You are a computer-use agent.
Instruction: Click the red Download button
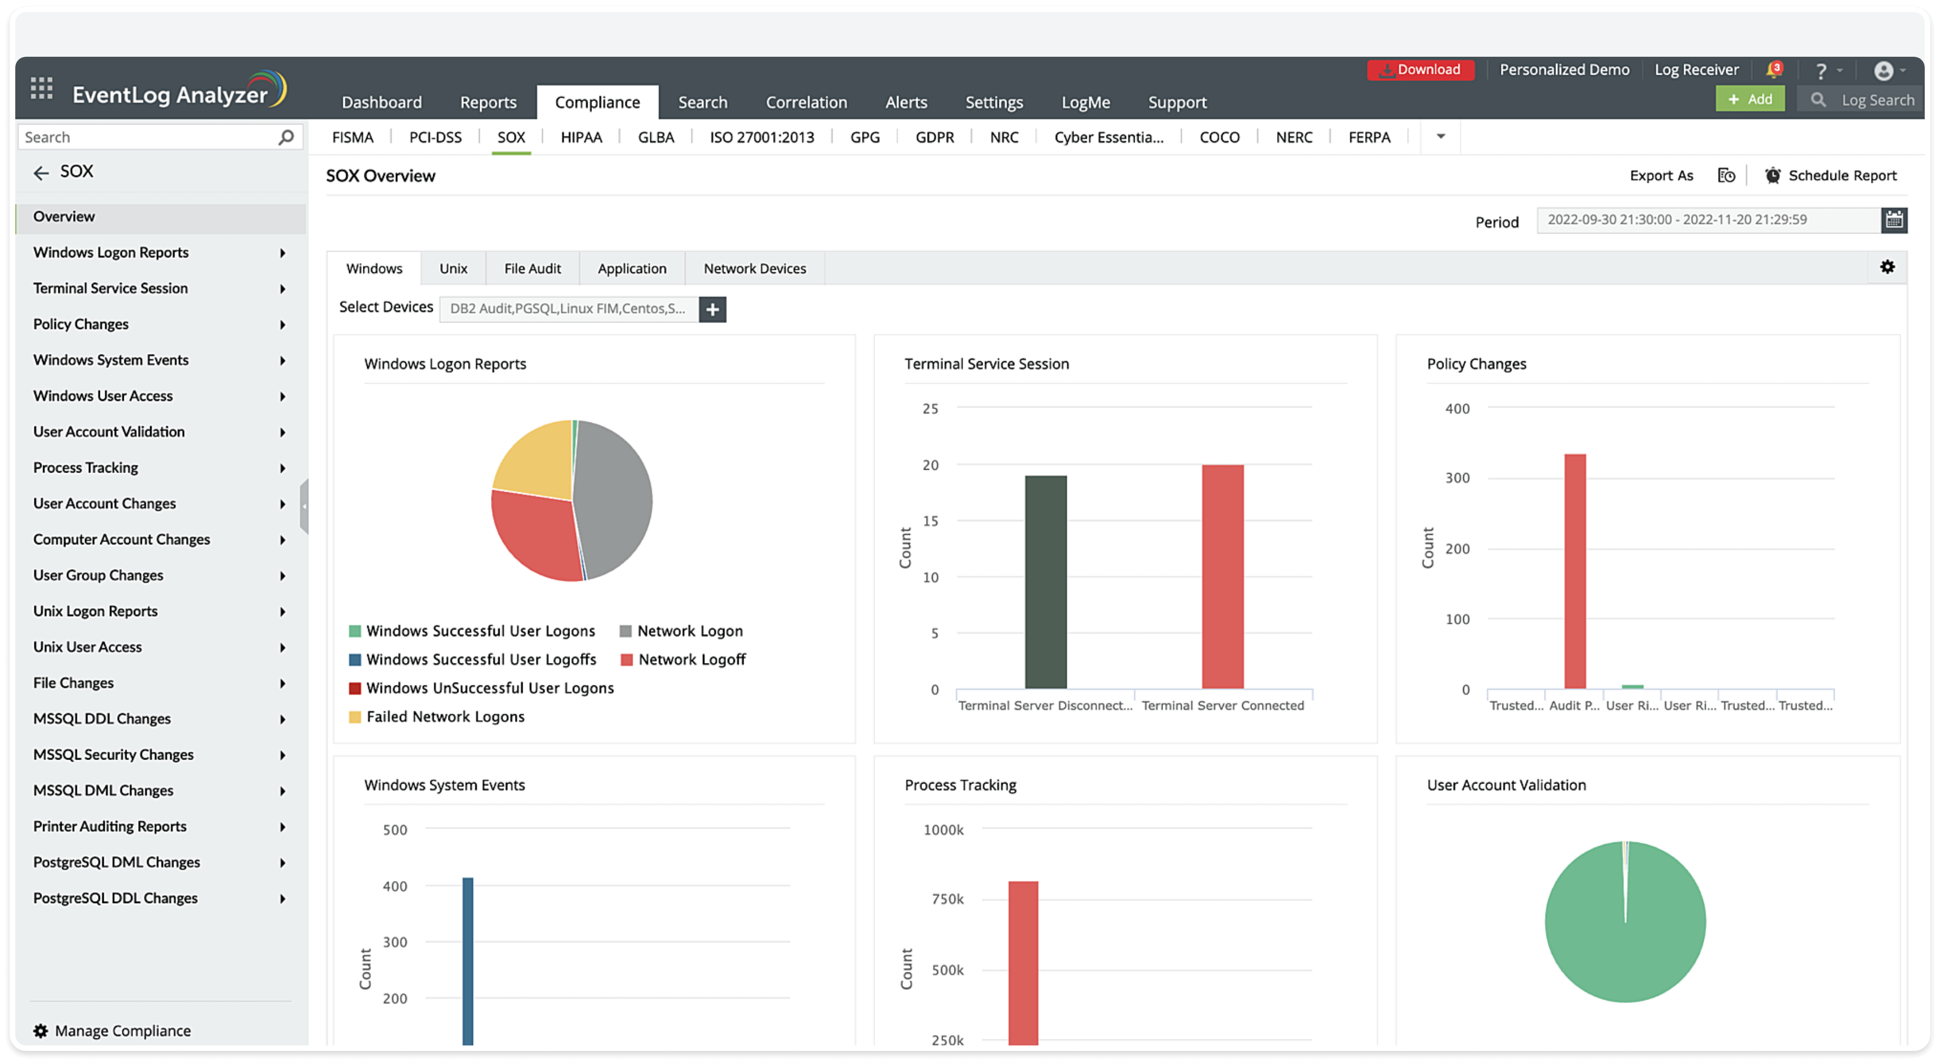coord(1421,70)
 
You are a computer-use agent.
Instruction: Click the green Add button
coord(1750,99)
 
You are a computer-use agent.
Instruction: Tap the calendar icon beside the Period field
coord(1894,220)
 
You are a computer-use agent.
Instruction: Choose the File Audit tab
coord(532,269)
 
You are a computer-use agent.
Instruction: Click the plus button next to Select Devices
coord(712,309)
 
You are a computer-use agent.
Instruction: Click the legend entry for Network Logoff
coord(691,660)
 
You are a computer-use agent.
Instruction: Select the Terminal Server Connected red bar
coord(1222,576)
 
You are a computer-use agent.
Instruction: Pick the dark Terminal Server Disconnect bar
coord(1045,581)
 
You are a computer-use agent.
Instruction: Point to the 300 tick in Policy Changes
coord(1457,478)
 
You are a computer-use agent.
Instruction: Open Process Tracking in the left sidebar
coord(86,468)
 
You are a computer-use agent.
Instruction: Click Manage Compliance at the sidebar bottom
coord(122,1031)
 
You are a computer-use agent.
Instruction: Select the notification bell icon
coord(1774,71)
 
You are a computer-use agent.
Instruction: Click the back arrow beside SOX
coord(41,173)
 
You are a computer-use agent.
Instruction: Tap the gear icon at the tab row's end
coord(1887,267)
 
